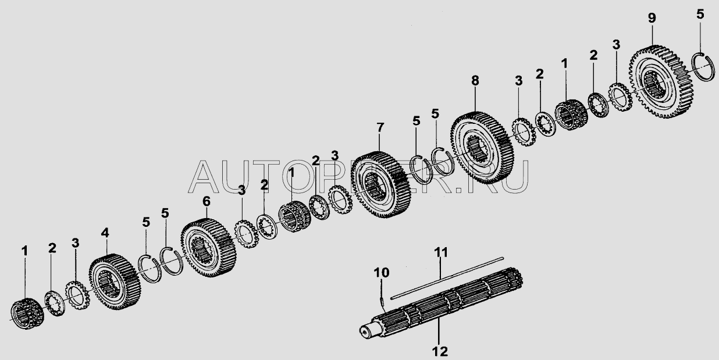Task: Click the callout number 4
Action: click(x=104, y=233)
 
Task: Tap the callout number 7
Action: click(x=380, y=127)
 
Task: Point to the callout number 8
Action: click(x=475, y=81)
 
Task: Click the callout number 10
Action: click(x=381, y=272)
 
